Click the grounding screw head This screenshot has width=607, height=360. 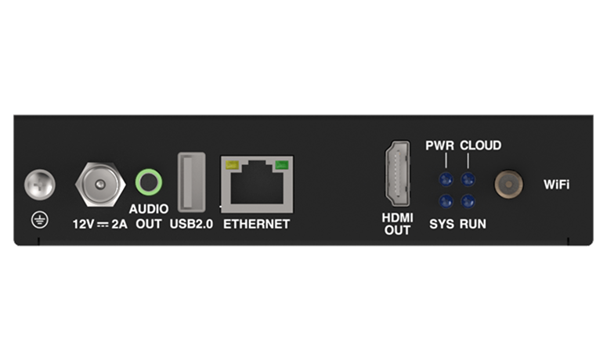(x=40, y=185)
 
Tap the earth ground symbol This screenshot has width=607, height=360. (x=40, y=221)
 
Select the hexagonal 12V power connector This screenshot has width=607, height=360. (x=100, y=185)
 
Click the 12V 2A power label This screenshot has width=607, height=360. (x=100, y=225)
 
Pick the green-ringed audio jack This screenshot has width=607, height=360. (x=149, y=182)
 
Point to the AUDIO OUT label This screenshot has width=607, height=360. (x=149, y=217)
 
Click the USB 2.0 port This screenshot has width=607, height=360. (x=191, y=182)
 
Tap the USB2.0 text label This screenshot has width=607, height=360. (x=191, y=225)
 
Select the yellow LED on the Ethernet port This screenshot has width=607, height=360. (x=232, y=165)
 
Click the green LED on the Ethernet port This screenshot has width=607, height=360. (x=281, y=165)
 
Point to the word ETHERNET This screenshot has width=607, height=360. (x=257, y=225)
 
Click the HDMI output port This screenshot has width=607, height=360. (x=397, y=173)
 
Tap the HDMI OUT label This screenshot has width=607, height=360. (x=397, y=224)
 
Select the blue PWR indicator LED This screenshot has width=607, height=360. (x=446, y=179)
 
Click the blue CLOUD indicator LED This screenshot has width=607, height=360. (x=468, y=179)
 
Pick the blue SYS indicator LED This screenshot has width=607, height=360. (x=446, y=201)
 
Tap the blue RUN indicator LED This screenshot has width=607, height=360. (x=468, y=201)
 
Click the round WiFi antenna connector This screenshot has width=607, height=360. (x=508, y=184)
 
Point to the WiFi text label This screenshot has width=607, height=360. (x=556, y=185)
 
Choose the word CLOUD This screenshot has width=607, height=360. (x=480, y=146)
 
